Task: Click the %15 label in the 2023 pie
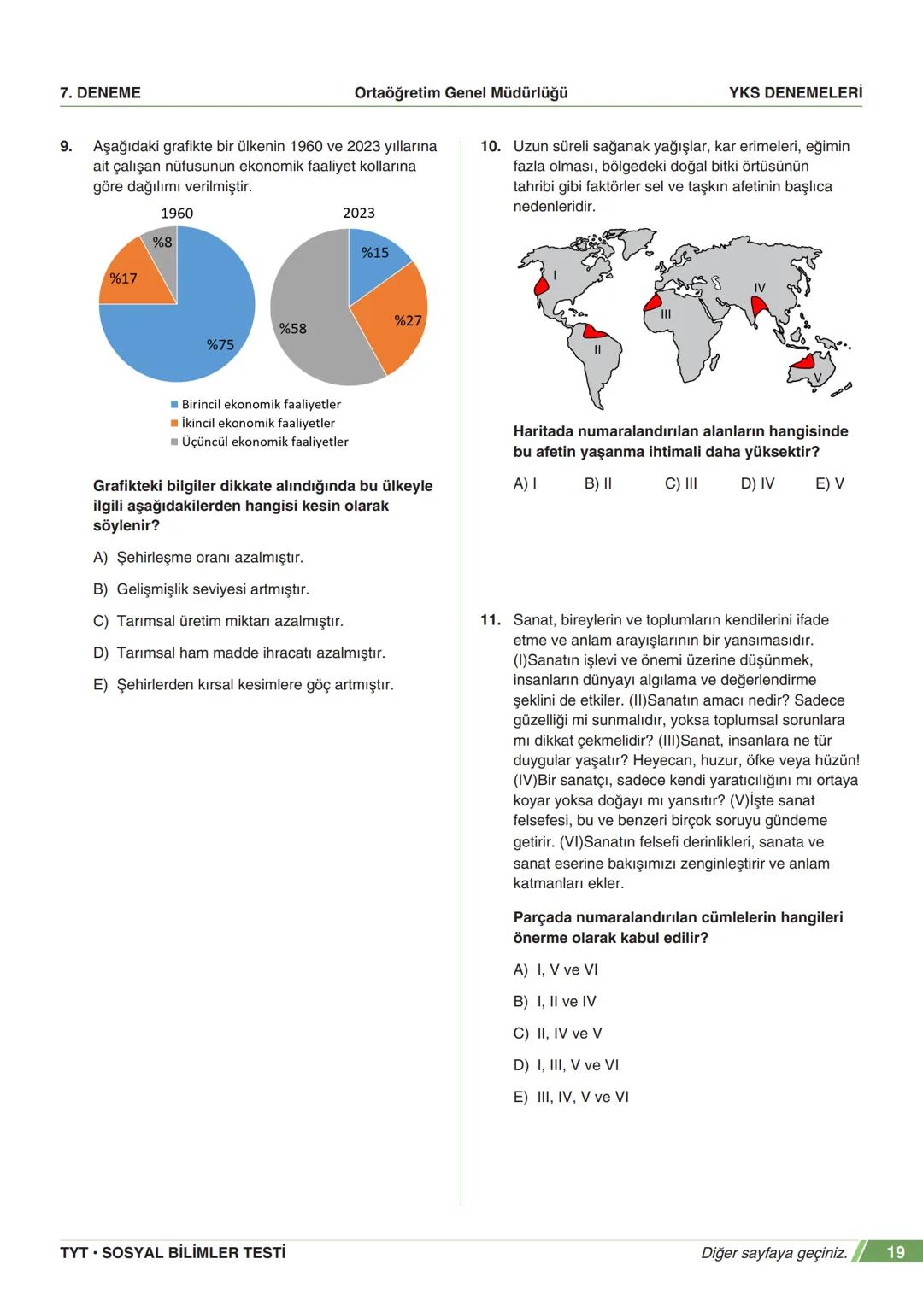(x=374, y=253)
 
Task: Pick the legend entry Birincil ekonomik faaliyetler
(x=261, y=404)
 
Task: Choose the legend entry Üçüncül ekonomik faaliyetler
(x=264, y=442)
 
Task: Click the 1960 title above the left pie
(x=177, y=213)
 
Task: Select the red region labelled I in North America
(x=542, y=287)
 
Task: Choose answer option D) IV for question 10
(x=757, y=483)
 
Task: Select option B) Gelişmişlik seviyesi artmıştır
(x=201, y=589)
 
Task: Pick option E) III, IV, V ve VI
(x=571, y=1097)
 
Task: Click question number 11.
(x=490, y=620)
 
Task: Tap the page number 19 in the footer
(x=895, y=1252)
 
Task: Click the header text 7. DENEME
(x=101, y=93)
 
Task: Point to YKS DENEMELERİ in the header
(x=795, y=93)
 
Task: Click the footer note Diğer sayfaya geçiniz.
(x=773, y=1253)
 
